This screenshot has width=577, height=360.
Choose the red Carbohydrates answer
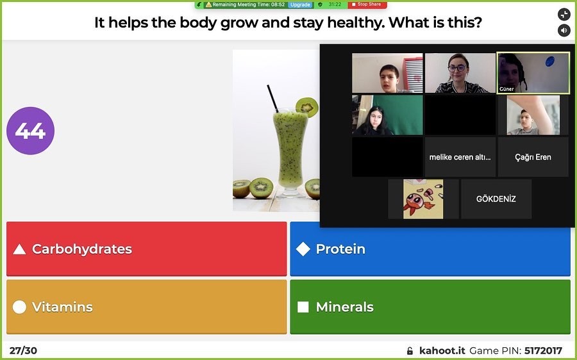[x=146, y=249]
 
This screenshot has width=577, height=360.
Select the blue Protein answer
[x=430, y=249]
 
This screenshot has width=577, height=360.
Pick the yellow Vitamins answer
[x=146, y=307]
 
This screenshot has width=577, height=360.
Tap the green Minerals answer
[x=430, y=307]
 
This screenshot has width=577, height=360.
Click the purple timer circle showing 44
[x=31, y=131]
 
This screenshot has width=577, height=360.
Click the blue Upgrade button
[x=300, y=4]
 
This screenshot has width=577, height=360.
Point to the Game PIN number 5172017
[x=543, y=350]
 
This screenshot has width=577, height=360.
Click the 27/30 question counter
[x=23, y=350]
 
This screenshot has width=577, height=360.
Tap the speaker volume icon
[x=564, y=30]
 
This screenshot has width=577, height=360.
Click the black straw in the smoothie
[x=272, y=99]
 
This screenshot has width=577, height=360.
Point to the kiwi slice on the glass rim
[x=307, y=107]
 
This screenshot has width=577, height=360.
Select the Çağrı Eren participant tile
[x=533, y=157]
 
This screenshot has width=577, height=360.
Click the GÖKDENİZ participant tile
[x=496, y=199]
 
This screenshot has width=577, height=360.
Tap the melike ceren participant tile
[x=460, y=157]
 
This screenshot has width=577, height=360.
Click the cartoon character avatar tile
[x=423, y=199]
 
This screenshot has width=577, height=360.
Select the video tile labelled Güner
[x=533, y=73]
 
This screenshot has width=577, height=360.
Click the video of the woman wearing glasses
[x=460, y=73]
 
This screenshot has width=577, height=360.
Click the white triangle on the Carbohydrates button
[x=19, y=249]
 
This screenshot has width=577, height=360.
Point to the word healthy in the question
[x=356, y=22]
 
